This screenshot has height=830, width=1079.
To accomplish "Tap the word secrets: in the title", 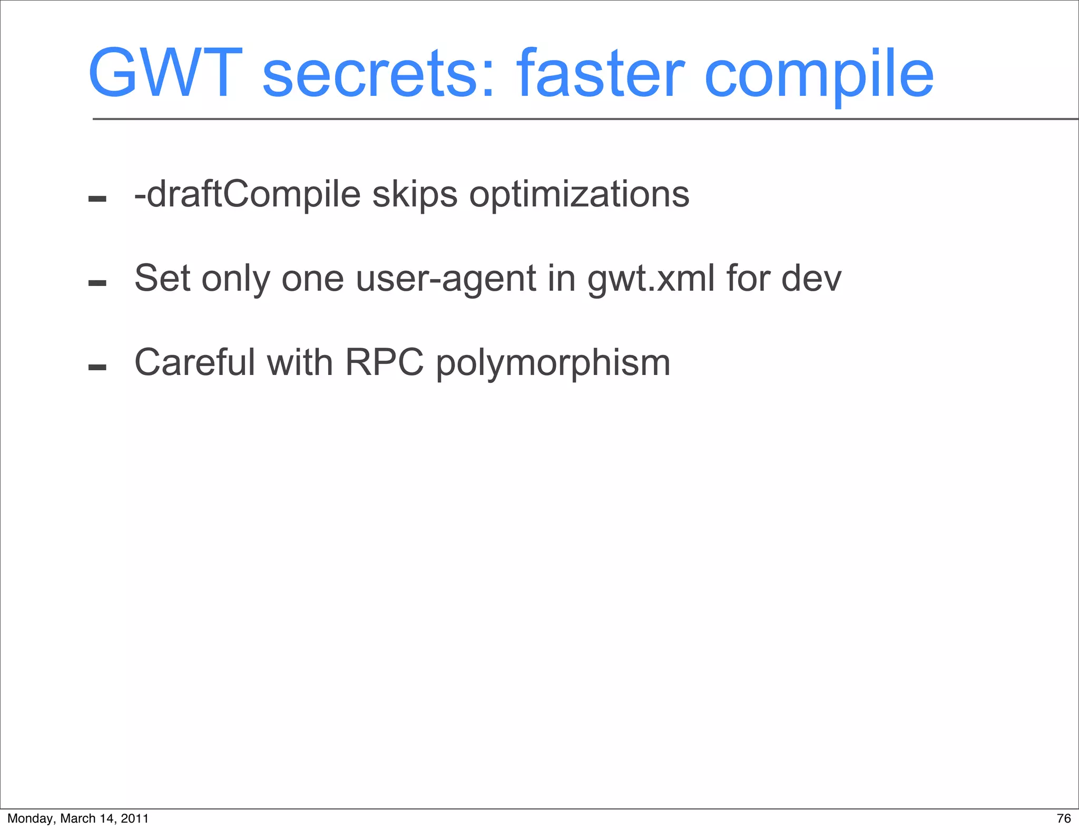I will pos(378,74).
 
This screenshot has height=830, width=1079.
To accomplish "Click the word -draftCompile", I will pos(247,195).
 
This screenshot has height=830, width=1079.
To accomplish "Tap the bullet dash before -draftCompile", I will pos(97,199).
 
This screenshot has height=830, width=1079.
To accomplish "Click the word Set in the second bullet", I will pos(162,278).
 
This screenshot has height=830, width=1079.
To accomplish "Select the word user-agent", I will pos(446,279).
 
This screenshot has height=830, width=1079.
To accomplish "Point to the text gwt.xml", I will pos(651,279).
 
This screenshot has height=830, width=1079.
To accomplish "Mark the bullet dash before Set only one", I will pos(97,283).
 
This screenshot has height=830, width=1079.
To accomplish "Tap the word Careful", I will pos(194,362).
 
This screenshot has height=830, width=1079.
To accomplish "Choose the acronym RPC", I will pos(385,362).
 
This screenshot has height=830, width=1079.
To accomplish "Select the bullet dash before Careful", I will pos(97,367).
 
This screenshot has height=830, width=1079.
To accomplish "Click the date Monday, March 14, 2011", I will pos(78,818).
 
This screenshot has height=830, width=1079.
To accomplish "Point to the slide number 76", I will pos(1064,818).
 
